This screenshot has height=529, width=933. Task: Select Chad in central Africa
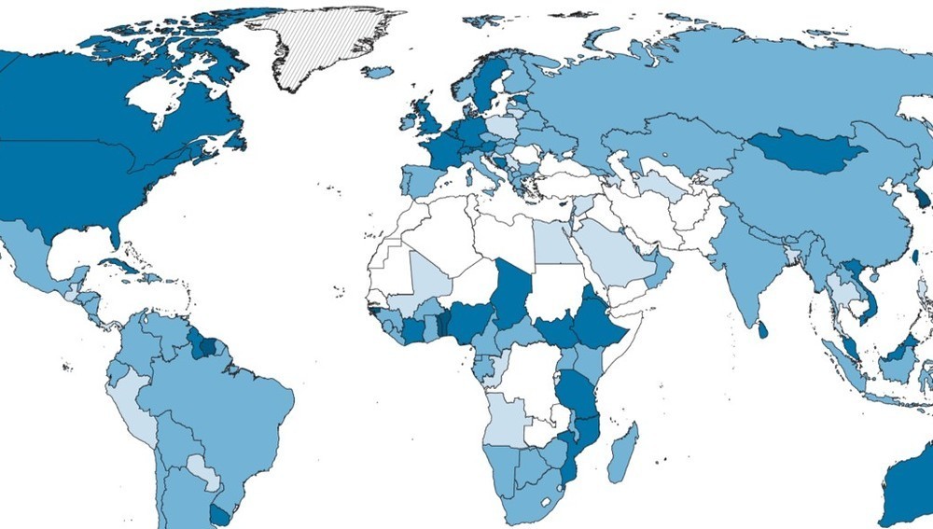click(x=508, y=295)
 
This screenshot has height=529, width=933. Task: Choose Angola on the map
click(x=505, y=419)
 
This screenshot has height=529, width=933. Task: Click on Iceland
click(x=377, y=72)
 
